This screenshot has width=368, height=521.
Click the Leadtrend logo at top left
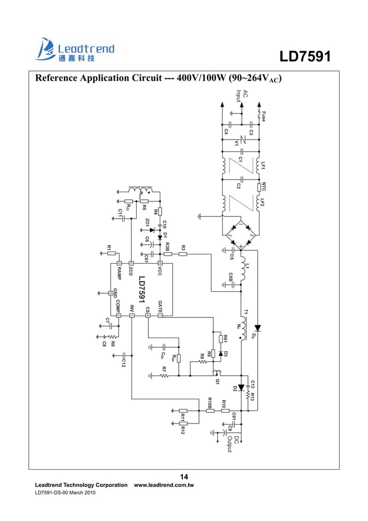point(75,50)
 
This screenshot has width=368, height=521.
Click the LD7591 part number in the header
point(305,57)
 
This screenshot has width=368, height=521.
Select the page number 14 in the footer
point(184,477)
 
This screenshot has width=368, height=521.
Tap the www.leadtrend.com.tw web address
point(164,486)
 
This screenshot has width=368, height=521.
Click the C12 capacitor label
point(123,362)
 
